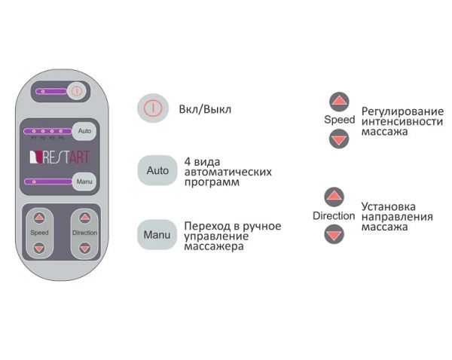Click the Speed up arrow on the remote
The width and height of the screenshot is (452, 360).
point(40,218)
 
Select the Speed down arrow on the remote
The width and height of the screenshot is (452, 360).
point(40,247)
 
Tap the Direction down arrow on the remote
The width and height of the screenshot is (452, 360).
point(84,247)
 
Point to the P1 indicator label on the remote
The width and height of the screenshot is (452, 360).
point(34,139)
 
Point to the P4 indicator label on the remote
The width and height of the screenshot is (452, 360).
point(61,139)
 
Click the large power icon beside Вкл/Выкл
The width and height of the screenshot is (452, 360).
point(151,108)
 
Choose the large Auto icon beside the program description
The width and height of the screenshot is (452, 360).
point(157,171)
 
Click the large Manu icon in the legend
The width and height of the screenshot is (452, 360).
point(157,234)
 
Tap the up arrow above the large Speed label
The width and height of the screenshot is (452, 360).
point(340,101)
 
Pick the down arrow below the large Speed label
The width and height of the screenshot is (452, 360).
point(340,138)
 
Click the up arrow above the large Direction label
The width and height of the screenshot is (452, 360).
point(334,197)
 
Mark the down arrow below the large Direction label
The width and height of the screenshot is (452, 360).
point(334,234)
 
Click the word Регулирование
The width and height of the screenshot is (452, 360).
point(396,111)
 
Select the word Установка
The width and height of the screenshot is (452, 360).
point(387,206)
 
